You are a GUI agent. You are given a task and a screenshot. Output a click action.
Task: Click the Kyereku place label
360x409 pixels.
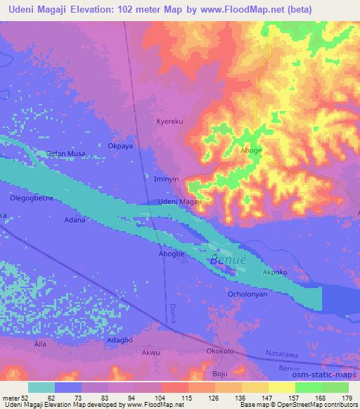[169, 122]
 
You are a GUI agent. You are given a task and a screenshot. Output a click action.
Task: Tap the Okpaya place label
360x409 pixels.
[120, 146]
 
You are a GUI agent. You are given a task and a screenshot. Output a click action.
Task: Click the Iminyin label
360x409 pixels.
[167, 179]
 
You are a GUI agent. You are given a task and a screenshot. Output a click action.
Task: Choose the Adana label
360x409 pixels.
[75, 220]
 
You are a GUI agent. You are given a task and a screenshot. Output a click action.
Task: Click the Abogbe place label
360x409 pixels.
[171, 254]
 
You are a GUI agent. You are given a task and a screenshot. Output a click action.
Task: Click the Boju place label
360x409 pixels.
[220, 373]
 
